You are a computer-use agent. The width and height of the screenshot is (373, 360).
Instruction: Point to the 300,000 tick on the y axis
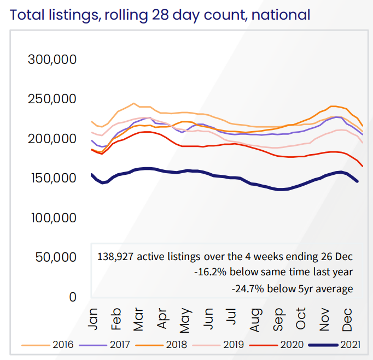53,60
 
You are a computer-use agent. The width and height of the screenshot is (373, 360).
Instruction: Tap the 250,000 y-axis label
53,99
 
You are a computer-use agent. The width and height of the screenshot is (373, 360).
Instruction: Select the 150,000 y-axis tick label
53,178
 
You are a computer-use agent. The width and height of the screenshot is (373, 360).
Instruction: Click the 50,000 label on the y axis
56,257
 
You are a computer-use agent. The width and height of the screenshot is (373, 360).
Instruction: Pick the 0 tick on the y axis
72,297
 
